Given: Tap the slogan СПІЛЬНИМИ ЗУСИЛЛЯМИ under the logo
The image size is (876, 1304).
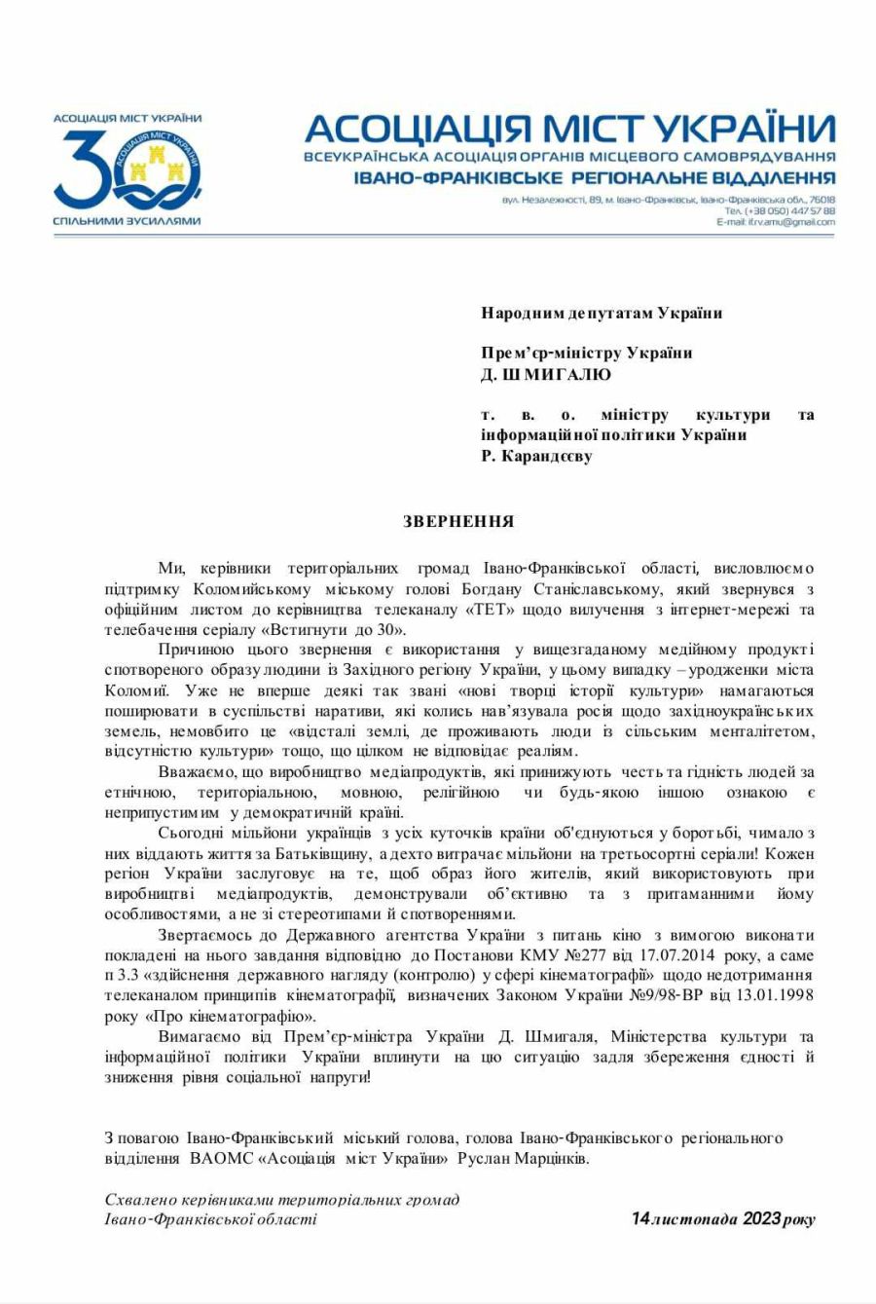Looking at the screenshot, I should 127,222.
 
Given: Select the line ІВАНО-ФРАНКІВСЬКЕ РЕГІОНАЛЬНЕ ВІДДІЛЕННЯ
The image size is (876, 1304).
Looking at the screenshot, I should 568,177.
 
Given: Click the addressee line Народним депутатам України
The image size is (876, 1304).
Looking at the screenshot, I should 602,313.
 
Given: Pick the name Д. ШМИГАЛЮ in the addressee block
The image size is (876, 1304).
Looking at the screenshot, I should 546,374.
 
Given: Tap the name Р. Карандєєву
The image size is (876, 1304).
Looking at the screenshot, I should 535,455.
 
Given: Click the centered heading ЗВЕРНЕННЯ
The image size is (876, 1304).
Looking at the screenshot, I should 458,522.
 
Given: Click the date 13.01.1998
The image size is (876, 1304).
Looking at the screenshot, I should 779,994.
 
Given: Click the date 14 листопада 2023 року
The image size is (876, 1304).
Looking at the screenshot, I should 722,1219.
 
